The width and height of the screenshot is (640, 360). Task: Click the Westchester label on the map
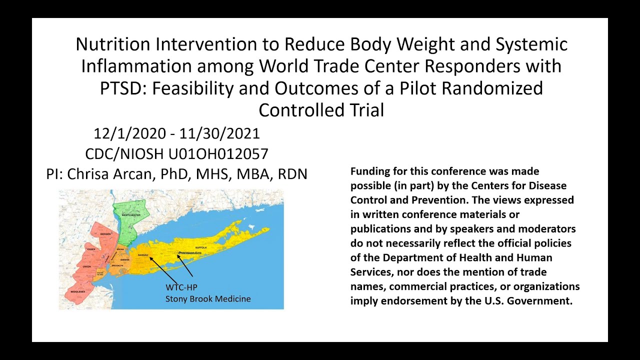pyautogui.click(x=131, y=215)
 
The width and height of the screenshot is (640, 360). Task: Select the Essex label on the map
pyautogui.click(x=90, y=248)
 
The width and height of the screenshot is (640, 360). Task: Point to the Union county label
pyautogui.click(x=86, y=267)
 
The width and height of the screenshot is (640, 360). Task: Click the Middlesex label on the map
pyautogui.click(x=77, y=291)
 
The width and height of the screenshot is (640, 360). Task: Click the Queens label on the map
pyautogui.click(x=125, y=259)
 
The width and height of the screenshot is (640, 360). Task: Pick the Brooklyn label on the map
pyautogui.click(x=117, y=265)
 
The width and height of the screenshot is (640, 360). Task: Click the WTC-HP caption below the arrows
pyautogui.click(x=178, y=287)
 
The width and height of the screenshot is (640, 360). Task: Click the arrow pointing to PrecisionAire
pyautogui.click(x=184, y=265)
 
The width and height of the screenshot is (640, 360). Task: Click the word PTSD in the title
pyautogui.click(x=123, y=88)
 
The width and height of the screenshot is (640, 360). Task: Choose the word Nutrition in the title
pyautogui.click(x=112, y=44)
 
